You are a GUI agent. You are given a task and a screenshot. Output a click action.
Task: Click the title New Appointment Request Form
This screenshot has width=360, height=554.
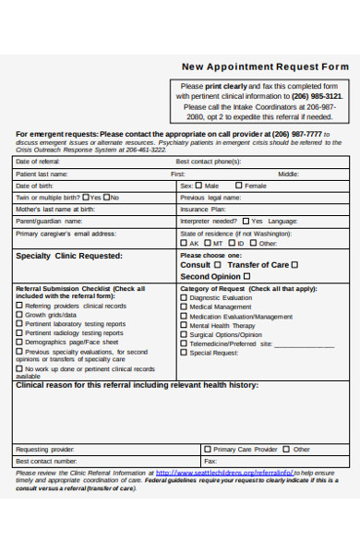click(x=265, y=66)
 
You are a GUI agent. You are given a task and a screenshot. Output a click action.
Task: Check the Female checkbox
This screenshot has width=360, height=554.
click(x=238, y=186)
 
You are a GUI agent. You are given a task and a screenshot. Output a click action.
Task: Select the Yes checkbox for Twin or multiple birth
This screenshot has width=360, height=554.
click(x=86, y=197)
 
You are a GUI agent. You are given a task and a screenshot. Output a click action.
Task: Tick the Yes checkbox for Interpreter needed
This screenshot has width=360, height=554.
click(x=246, y=221)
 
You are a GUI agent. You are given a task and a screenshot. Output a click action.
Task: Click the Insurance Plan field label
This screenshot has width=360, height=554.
click(x=202, y=209)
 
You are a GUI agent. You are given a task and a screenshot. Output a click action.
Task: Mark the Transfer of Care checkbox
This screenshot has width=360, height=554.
click(x=295, y=264)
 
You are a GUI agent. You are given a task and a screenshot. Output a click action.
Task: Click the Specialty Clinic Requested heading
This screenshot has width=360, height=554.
click(x=69, y=256)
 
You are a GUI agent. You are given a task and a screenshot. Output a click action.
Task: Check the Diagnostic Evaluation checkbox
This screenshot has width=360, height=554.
click(x=184, y=297)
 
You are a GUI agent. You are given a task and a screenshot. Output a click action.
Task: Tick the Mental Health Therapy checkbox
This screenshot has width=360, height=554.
click(x=184, y=325)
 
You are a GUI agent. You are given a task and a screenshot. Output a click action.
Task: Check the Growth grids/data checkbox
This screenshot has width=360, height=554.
click(x=20, y=315)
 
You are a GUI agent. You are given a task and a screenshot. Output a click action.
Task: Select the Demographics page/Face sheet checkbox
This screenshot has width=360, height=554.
click(x=20, y=342)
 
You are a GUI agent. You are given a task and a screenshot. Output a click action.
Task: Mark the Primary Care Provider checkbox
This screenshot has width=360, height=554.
click(x=208, y=449)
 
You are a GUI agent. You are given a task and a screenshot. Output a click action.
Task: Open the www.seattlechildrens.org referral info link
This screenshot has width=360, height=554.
click(x=222, y=472)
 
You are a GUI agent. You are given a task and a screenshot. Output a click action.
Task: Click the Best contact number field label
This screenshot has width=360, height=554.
click(x=46, y=460)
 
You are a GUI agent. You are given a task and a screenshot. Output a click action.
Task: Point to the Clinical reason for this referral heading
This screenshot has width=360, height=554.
click(x=138, y=385)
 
